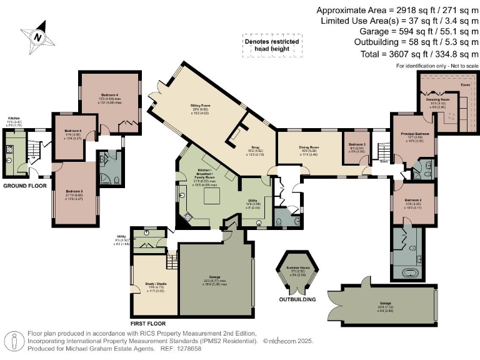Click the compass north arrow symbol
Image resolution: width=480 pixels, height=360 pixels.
37,37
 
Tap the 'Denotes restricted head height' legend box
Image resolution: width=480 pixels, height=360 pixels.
271,45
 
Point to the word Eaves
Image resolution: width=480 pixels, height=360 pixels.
465,83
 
